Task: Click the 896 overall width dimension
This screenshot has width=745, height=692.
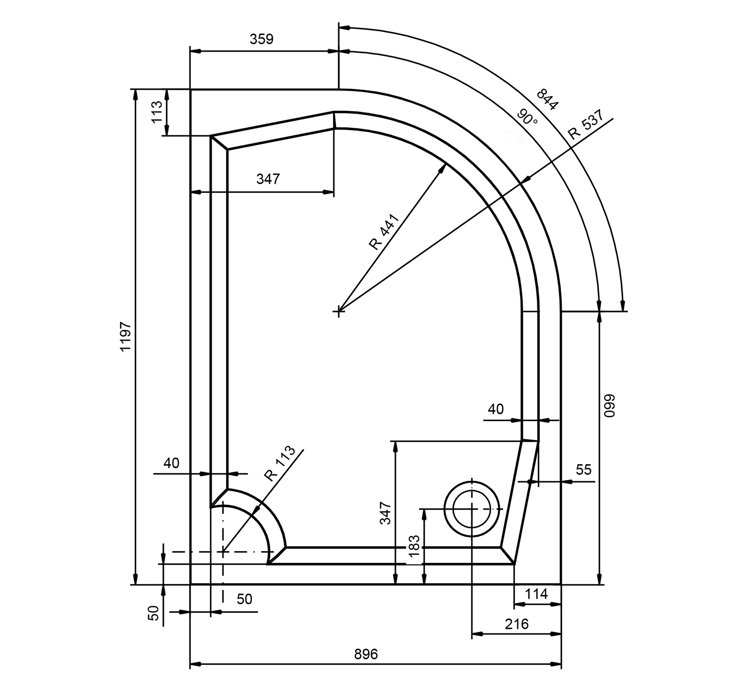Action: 366,654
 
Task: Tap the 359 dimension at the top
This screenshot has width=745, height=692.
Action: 261,39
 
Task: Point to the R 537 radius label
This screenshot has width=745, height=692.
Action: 586,124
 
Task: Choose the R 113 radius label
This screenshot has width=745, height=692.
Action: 280,463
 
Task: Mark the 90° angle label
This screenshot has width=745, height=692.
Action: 527,119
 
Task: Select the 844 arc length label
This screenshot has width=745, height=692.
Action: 547,99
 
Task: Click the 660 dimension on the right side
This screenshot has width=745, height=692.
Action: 609,405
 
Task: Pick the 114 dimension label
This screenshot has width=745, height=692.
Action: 536,594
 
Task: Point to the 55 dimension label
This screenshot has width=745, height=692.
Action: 583,469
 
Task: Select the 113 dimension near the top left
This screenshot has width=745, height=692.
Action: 156,112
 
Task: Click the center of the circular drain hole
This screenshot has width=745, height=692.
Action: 471,509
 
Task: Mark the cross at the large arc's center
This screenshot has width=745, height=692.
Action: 339,311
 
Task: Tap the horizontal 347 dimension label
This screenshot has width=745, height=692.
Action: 268,179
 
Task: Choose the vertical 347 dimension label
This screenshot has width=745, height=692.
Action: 385,513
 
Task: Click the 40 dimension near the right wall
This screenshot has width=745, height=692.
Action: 496,409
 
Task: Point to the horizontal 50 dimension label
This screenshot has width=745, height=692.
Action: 244,599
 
